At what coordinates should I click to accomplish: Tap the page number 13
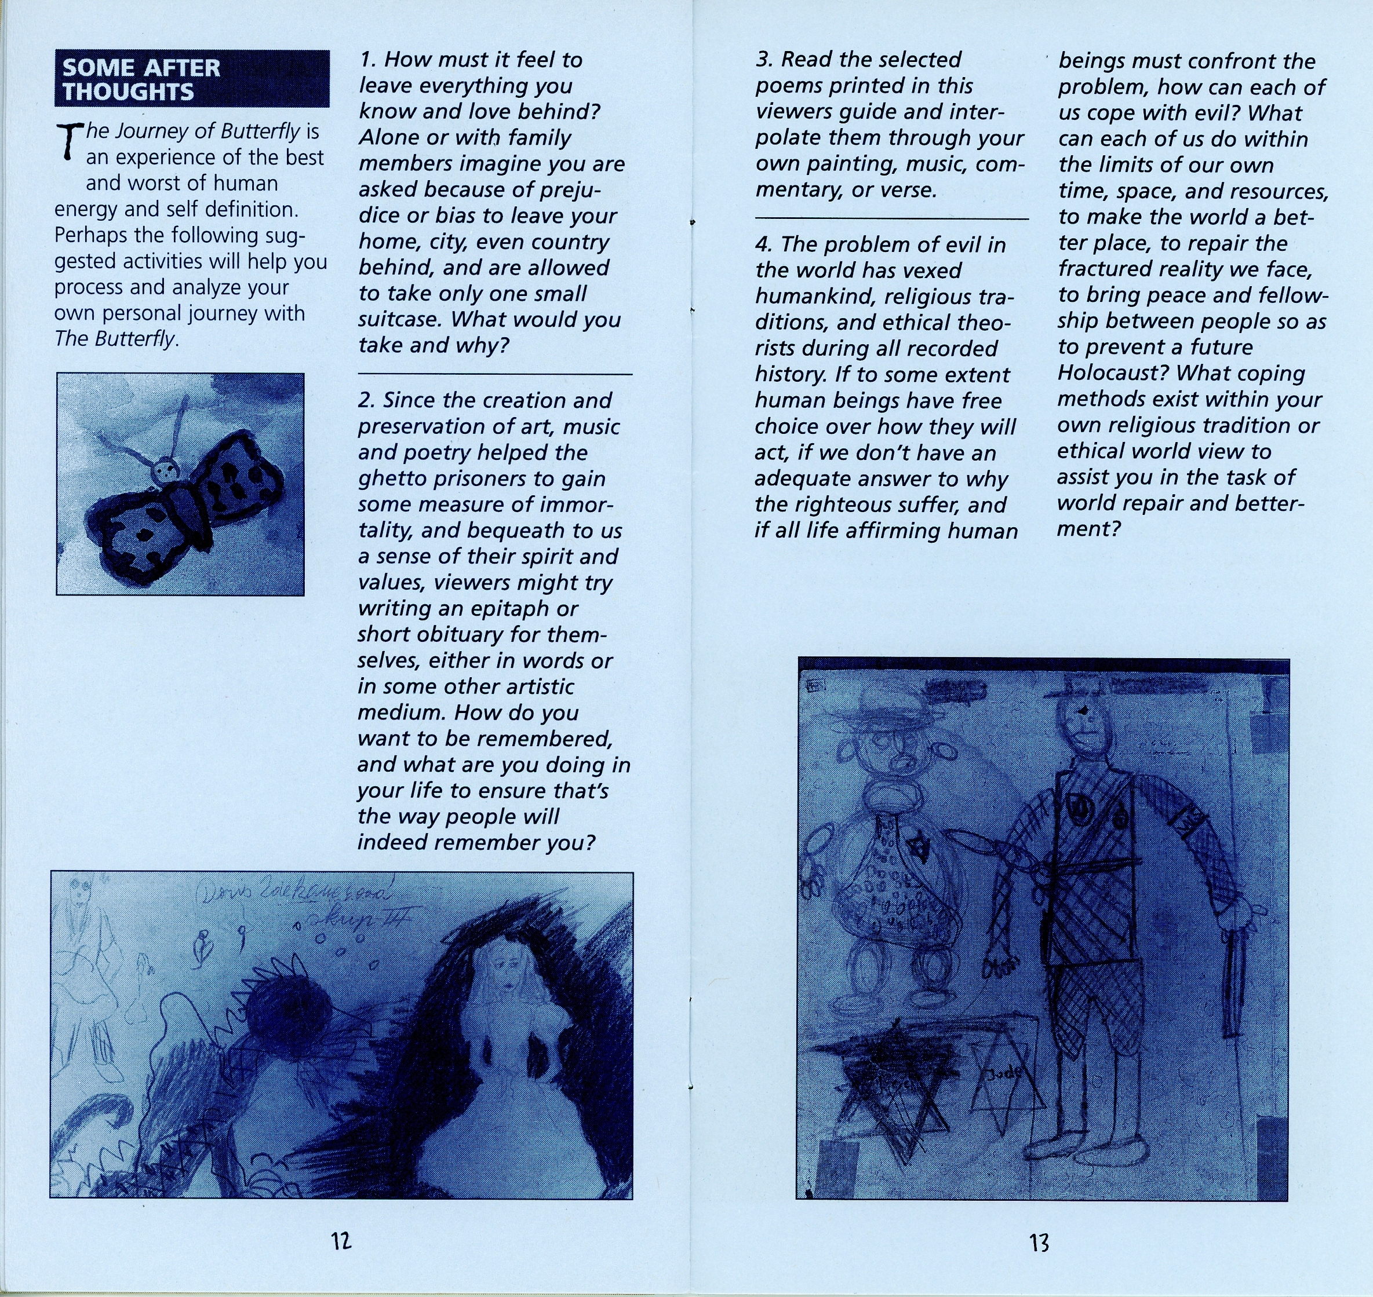tap(1039, 1243)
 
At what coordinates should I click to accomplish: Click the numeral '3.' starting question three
tap(764, 60)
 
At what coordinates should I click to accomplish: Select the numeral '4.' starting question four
tap(764, 244)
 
